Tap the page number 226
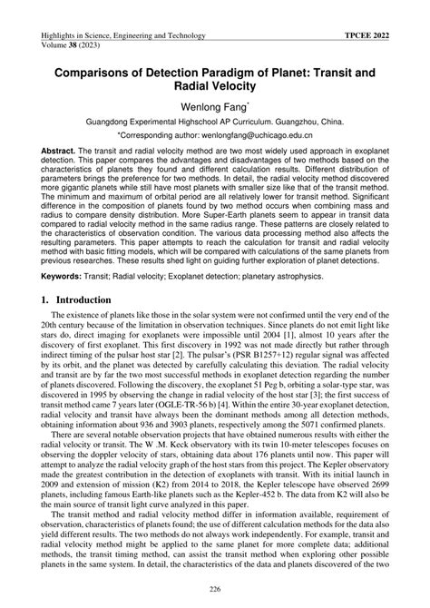pyautogui.click(x=214, y=591)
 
